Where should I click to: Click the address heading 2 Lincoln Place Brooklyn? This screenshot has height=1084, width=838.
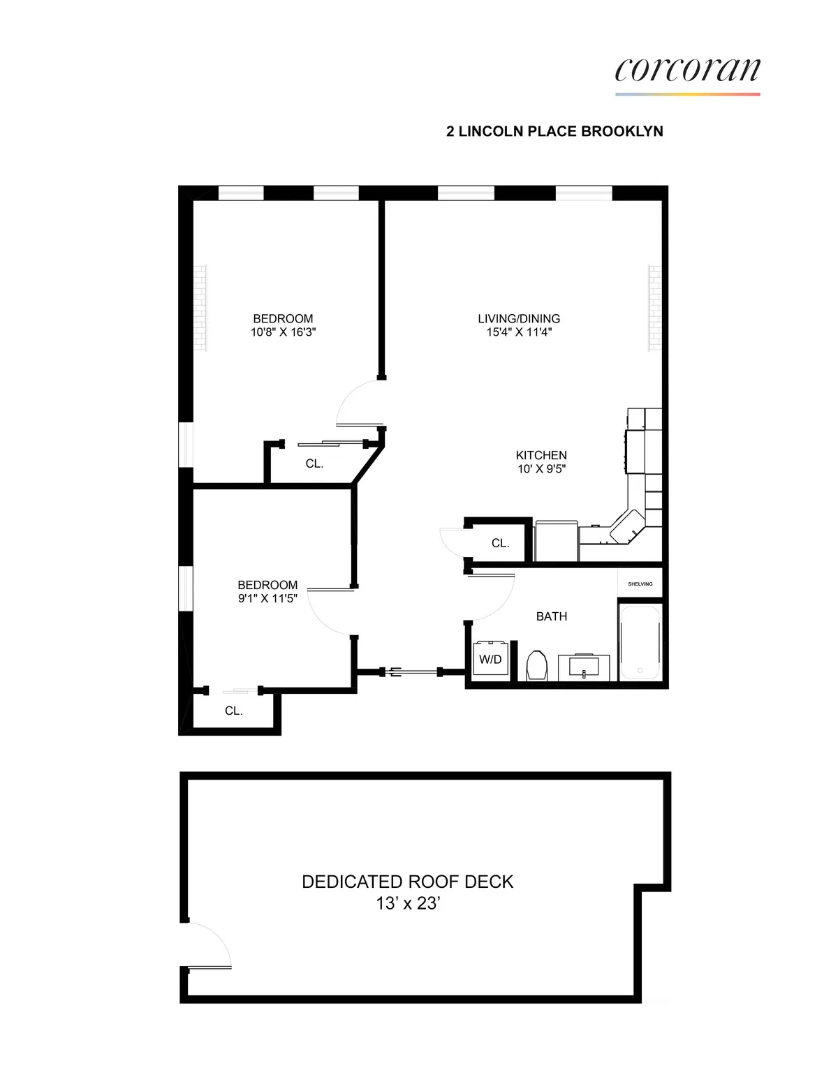point(554,131)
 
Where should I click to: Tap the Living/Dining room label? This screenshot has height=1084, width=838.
point(519,318)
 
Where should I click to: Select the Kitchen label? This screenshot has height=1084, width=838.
point(541,455)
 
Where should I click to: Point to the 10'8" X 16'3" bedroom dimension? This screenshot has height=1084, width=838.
point(283,332)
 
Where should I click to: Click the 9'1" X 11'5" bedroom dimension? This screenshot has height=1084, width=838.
point(267,598)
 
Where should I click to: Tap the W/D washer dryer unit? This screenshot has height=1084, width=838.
point(490,659)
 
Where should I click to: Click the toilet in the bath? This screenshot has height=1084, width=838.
point(537,665)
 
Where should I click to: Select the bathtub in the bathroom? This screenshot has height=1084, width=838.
point(640,642)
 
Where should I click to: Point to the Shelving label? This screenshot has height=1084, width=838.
point(640,584)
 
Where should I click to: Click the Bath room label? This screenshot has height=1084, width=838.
point(552,616)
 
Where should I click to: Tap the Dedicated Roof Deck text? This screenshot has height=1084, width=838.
point(407,882)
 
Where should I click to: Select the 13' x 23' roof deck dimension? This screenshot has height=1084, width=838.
point(407,903)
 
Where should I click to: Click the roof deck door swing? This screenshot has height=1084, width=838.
point(209,946)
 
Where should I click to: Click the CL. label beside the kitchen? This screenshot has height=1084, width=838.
point(500,543)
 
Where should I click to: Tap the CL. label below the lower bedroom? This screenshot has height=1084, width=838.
point(233,711)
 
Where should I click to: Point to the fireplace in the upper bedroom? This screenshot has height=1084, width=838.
point(201,308)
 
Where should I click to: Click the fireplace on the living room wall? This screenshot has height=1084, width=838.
point(654,308)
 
